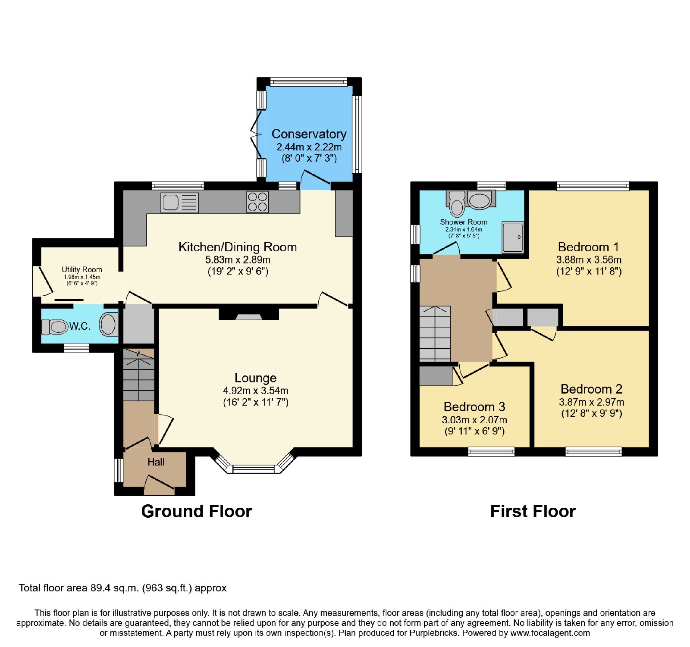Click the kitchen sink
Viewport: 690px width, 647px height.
pos(179,202)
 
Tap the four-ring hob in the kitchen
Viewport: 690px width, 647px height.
pos(257,202)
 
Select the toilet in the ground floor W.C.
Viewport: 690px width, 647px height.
pos(55,326)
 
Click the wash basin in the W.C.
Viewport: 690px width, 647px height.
pos(109,324)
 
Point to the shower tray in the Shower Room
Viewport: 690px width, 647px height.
pos(513,237)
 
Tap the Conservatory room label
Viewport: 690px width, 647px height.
pos(309,134)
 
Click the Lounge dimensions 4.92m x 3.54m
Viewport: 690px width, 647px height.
pos(256,391)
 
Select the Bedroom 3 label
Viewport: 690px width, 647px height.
pos(474,406)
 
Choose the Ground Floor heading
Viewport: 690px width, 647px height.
pos(197,511)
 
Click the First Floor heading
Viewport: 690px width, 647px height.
pos(533,511)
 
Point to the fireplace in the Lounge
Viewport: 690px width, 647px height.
pos(249,314)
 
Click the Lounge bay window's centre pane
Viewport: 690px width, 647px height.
pos(254,469)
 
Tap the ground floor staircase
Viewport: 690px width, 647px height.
pos(138,375)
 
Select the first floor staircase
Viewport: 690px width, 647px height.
pos(435,334)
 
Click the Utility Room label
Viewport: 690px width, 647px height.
pos(82,269)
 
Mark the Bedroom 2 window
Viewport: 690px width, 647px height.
pos(594,452)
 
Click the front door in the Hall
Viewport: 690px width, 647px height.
pos(160,485)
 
